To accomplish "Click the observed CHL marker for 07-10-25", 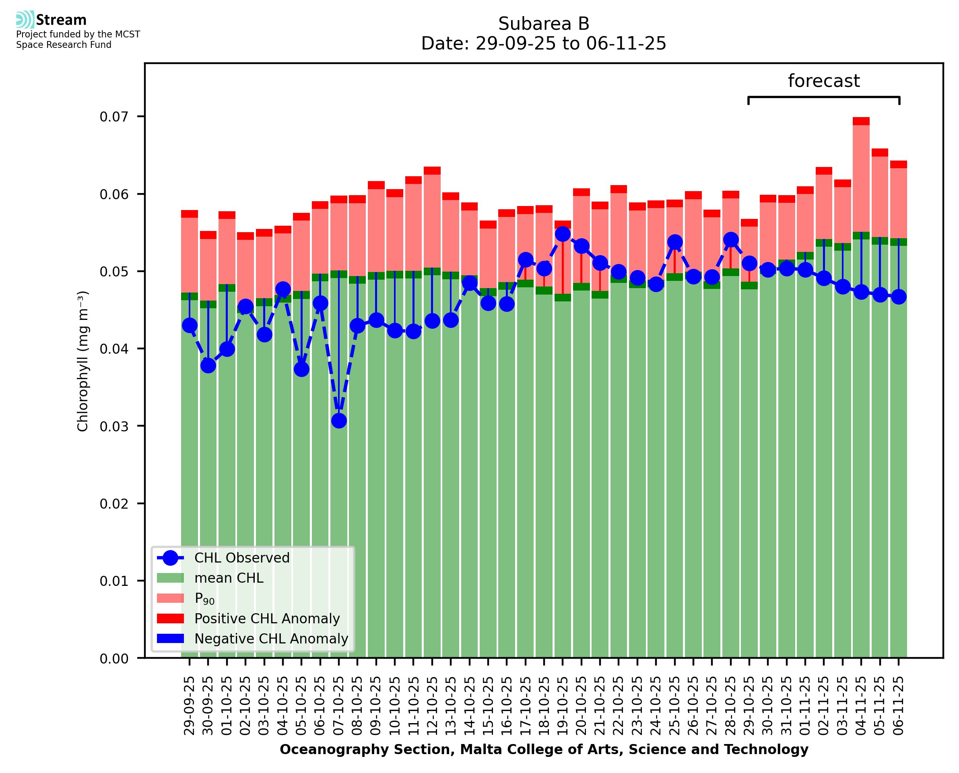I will [339, 421].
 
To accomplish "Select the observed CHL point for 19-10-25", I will [563, 234].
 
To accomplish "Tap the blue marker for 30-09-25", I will [208, 365].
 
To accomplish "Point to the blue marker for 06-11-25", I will [899, 297].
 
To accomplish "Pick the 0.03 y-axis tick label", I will [113, 426].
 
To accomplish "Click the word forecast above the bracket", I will [824, 81].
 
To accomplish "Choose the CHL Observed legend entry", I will [242, 557].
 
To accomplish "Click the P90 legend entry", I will [204, 598].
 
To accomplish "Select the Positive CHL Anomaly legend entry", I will [267, 618].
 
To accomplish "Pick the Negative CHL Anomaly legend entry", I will [271, 639].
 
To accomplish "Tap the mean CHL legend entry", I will [229, 578].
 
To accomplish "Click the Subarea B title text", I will [543, 24].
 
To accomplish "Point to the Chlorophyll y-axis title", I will [83, 361].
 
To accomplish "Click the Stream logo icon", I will [25, 20].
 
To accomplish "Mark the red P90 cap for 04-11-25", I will [861, 121].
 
